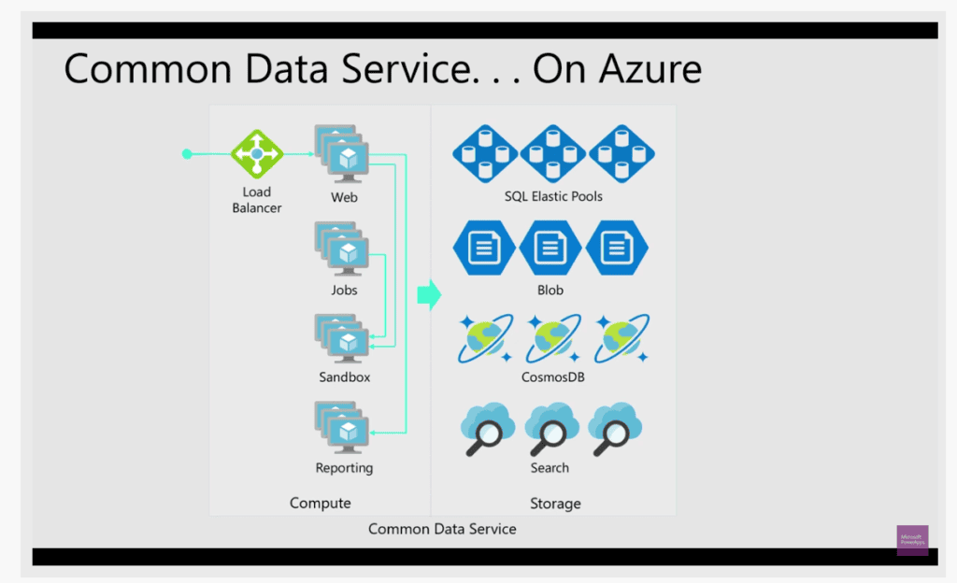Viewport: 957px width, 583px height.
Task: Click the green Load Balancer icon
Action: (256, 154)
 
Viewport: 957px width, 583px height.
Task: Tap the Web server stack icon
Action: (343, 156)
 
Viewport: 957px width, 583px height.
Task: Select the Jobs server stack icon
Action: (343, 249)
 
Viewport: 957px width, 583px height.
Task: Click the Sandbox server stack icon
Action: (343, 338)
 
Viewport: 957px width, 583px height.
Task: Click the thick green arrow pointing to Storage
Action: (428, 295)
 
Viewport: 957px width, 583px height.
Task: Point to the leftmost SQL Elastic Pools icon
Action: (485, 153)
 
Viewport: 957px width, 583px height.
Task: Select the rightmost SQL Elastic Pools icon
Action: (621, 153)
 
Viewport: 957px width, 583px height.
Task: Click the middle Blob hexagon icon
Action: (550, 249)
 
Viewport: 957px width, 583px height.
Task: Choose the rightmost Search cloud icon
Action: (618, 429)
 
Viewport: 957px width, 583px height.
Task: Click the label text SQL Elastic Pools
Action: (553, 197)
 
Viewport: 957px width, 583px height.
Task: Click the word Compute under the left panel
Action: (320, 504)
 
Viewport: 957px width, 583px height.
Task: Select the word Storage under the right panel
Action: (555, 504)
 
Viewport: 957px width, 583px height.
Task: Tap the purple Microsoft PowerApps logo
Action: (912, 540)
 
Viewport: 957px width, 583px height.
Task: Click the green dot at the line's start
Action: (187, 154)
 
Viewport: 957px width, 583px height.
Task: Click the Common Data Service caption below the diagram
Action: (442, 529)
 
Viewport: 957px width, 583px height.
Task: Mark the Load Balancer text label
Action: (256, 200)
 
